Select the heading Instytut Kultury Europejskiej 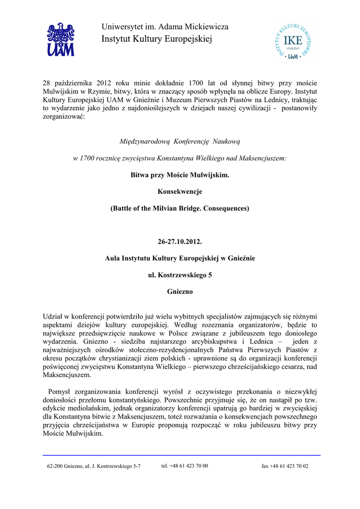[x=157, y=39]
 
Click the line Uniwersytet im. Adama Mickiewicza [x=165, y=27]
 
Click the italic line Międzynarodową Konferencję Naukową [x=180, y=142]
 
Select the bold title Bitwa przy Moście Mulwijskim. [x=180, y=175]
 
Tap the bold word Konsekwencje [x=180, y=191]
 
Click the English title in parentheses [x=180, y=208]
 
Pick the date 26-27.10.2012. [x=180, y=242]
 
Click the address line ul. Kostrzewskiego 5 [x=180, y=275]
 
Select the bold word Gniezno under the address [x=180, y=291]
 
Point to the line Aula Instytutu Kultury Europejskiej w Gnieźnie [x=180, y=258]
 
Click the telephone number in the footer [x=185, y=466]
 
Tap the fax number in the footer [x=285, y=466]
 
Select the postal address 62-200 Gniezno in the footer [x=94, y=466]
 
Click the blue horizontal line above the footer [x=181, y=455]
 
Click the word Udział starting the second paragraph [x=55, y=316]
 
